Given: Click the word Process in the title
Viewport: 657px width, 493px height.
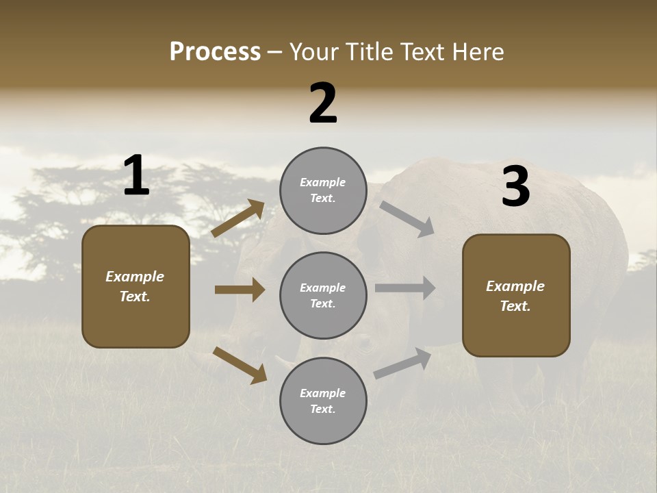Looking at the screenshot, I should [x=215, y=52].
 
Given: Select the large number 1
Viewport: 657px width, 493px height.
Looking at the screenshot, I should [x=136, y=175].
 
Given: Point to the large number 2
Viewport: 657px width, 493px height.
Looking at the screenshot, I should [x=323, y=103].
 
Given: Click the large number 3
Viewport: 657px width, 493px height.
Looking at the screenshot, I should [x=515, y=187].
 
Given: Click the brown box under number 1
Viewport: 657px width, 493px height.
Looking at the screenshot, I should [x=136, y=286].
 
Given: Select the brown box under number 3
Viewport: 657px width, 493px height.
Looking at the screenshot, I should [x=516, y=295].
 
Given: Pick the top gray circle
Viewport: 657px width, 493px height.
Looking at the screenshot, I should [x=323, y=190].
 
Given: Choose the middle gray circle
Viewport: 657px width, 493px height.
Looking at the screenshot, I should [x=323, y=295].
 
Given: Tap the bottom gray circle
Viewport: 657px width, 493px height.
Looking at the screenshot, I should [x=323, y=401].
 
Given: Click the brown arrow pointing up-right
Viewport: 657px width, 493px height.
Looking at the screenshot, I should [x=238, y=218].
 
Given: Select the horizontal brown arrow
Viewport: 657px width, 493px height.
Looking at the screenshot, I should [x=240, y=290].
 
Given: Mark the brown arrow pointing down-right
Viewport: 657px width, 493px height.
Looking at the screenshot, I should [x=240, y=365].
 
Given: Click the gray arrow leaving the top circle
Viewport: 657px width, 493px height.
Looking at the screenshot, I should [x=407, y=219].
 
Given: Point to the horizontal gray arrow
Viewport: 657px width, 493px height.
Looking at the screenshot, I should [x=405, y=288].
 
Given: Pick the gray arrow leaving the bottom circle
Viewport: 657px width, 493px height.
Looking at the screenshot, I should [x=402, y=363].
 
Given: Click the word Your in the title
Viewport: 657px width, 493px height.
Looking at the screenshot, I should [x=313, y=52].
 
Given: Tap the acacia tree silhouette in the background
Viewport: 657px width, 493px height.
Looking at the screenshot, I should [x=75, y=199].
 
